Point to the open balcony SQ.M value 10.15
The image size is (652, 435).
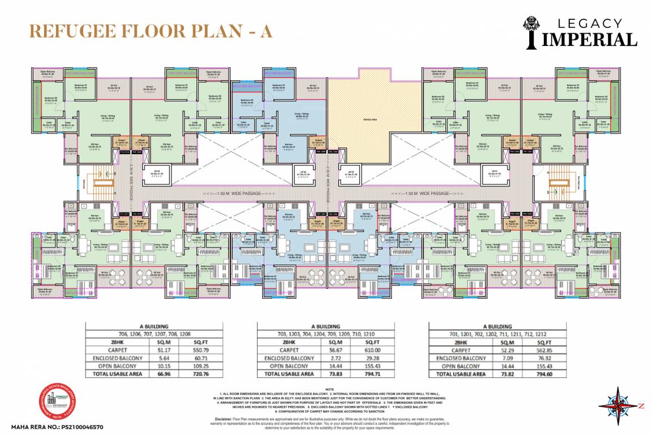click(x=164, y=366)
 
